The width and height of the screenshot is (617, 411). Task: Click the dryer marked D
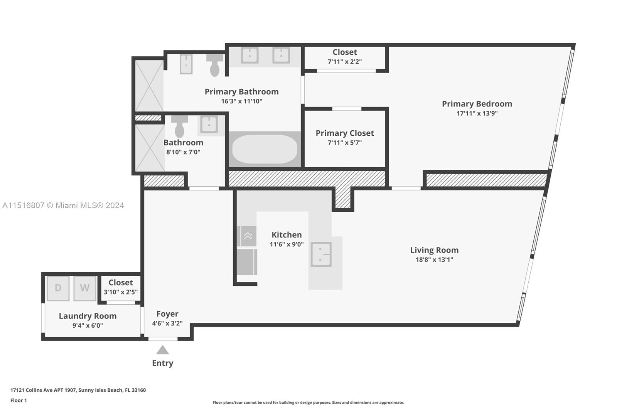coord(58,288)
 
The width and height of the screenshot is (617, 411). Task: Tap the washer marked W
coord(85,288)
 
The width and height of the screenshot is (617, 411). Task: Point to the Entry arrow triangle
coord(162,350)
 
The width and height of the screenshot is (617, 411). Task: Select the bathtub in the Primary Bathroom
coord(265,149)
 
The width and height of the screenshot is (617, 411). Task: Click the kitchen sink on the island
coord(321,254)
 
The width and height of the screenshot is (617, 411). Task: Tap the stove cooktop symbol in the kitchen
coord(248,236)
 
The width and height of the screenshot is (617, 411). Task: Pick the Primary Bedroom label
coord(477,104)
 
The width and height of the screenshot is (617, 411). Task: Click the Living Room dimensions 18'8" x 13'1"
coord(434,259)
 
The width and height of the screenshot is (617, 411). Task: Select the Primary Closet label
coord(345,133)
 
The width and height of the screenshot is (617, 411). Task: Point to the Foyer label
coord(167,314)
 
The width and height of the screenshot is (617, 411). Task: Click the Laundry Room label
coord(88,316)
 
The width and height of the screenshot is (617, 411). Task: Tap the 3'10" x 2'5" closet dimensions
coord(121,292)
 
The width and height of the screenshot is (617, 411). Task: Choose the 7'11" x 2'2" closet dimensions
coord(345,61)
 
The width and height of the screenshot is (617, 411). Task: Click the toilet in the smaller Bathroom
coord(180,126)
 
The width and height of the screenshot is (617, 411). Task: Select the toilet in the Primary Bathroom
coord(215,65)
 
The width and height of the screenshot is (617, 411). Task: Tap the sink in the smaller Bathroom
coord(209,125)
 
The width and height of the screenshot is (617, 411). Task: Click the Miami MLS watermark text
coord(63,205)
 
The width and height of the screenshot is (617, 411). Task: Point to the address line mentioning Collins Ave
coord(78,390)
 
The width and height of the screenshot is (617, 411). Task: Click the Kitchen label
coord(287,235)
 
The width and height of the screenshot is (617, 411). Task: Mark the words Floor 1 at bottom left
coord(19,401)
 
